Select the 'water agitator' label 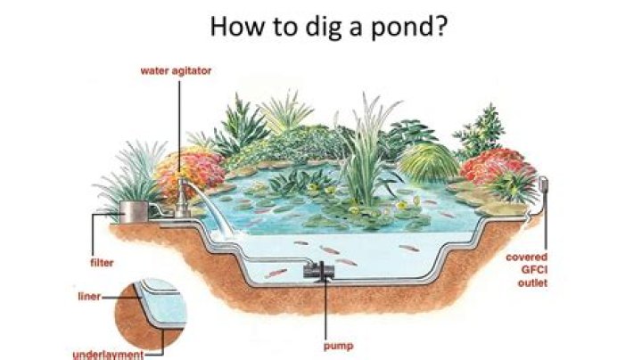tap(176, 71)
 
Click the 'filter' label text tap(102, 263)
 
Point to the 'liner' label tap(89, 296)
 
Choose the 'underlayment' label tap(108, 355)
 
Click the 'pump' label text tap(338, 347)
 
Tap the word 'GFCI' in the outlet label tap(534, 270)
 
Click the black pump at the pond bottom tap(319, 271)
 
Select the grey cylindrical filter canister tap(134, 211)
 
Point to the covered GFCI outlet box tap(543, 185)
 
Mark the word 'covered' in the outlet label tap(527, 258)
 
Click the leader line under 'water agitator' tap(179, 127)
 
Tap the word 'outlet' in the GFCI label tap(532, 282)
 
